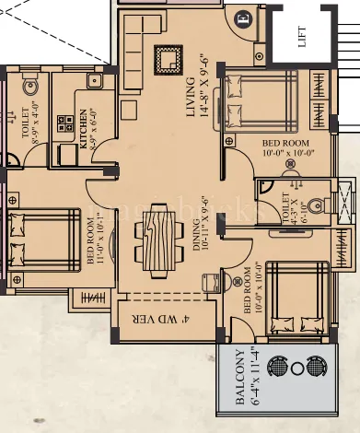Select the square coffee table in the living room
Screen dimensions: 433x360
167,61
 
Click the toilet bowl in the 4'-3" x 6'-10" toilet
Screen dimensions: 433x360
314,204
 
